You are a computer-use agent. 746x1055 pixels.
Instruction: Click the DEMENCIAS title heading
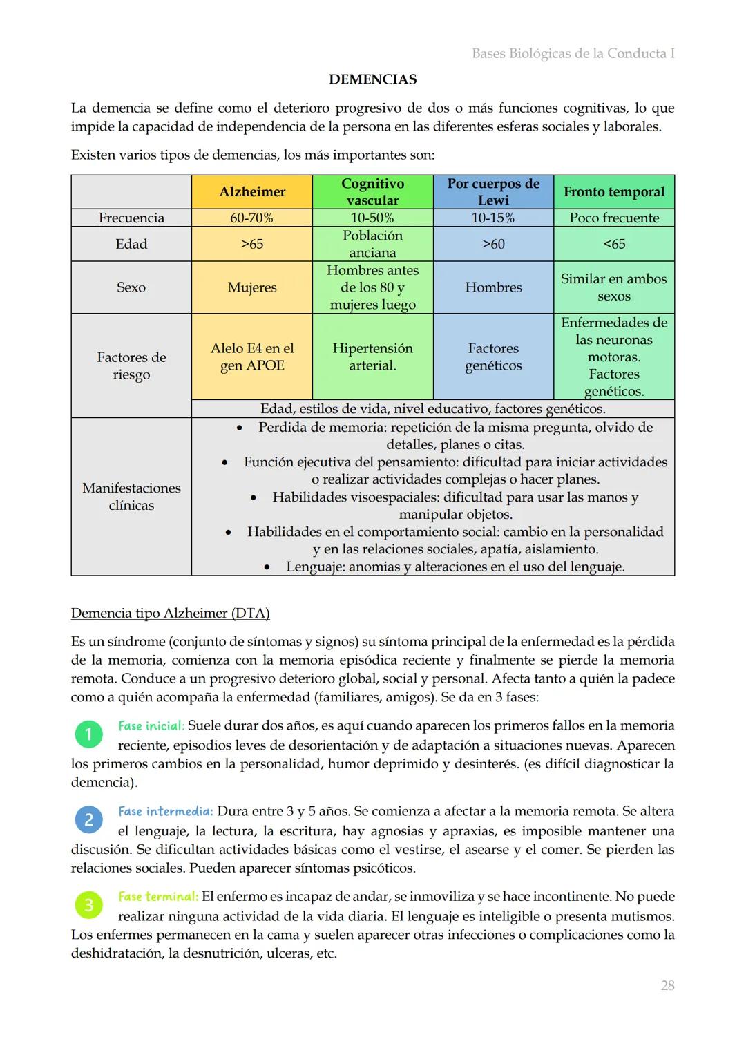(x=372, y=79)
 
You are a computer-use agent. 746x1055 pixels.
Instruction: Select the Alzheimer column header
(x=252, y=192)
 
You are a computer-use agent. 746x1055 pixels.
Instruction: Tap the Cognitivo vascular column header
(x=372, y=192)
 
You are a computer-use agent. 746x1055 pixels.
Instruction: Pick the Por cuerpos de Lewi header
(x=493, y=192)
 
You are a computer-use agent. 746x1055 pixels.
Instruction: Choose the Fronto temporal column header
(x=614, y=192)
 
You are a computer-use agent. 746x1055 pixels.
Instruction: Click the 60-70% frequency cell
(x=252, y=218)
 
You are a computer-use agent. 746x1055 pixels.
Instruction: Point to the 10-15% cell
(x=493, y=218)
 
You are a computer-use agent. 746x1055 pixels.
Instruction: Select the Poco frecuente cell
(x=614, y=218)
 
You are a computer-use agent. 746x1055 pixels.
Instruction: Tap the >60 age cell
(x=493, y=244)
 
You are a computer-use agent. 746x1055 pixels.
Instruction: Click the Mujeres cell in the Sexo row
(x=252, y=287)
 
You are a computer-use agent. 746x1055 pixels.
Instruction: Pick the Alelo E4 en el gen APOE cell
(x=252, y=357)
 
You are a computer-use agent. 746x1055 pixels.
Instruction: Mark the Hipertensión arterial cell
(x=372, y=357)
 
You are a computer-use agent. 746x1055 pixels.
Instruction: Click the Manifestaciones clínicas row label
(x=131, y=496)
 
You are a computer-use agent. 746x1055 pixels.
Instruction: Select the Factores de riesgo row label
(x=131, y=365)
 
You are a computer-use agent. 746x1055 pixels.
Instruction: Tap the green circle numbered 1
(x=88, y=734)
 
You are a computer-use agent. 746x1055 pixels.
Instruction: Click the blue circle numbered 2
(x=88, y=820)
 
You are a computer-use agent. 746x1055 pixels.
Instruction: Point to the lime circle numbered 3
(x=88, y=905)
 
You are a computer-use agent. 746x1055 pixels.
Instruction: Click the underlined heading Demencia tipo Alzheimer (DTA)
(x=170, y=613)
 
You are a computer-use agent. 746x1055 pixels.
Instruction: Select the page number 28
(x=667, y=986)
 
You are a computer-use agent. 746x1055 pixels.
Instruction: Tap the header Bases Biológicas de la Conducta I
(x=573, y=53)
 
